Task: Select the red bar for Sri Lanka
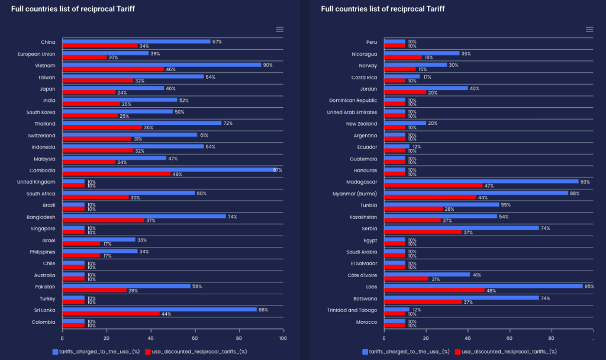point(111,314)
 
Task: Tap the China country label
point(48,42)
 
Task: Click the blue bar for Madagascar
point(481,181)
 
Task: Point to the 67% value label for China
point(217,41)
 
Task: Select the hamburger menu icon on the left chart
point(279,30)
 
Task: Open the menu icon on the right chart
point(589,30)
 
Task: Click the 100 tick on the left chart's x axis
point(283,338)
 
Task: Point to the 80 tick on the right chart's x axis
point(551,338)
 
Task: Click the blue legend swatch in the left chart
point(55,352)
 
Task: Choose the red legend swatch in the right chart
point(457,352)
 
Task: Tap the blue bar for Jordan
point(426,88)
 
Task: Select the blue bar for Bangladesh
point(144,216)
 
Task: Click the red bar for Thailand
point(102,127)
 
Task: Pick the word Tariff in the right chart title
point(433,9)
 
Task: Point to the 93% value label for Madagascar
point(586,181)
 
